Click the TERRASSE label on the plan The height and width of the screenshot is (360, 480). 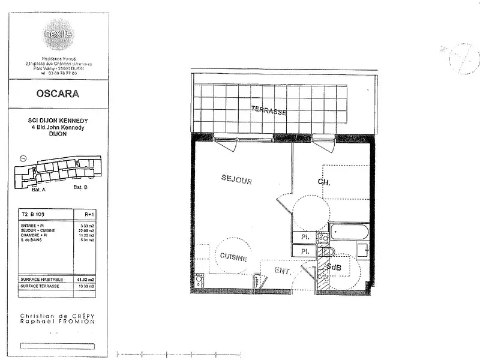268,111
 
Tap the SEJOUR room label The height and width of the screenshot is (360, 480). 236,179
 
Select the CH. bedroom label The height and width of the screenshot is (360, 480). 324,182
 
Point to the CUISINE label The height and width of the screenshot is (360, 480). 233,257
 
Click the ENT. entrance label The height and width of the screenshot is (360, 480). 283,271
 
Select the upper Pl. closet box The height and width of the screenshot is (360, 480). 304,237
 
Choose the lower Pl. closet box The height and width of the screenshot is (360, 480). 304,251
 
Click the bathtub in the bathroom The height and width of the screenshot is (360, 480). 350,232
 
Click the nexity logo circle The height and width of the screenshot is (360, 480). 58,35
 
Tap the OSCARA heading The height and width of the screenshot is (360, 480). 58,94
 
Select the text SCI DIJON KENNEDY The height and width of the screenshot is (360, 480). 58,121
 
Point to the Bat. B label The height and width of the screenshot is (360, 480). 80,187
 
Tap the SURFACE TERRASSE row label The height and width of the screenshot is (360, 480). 40,287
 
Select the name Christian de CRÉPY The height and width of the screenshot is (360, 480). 58,316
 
